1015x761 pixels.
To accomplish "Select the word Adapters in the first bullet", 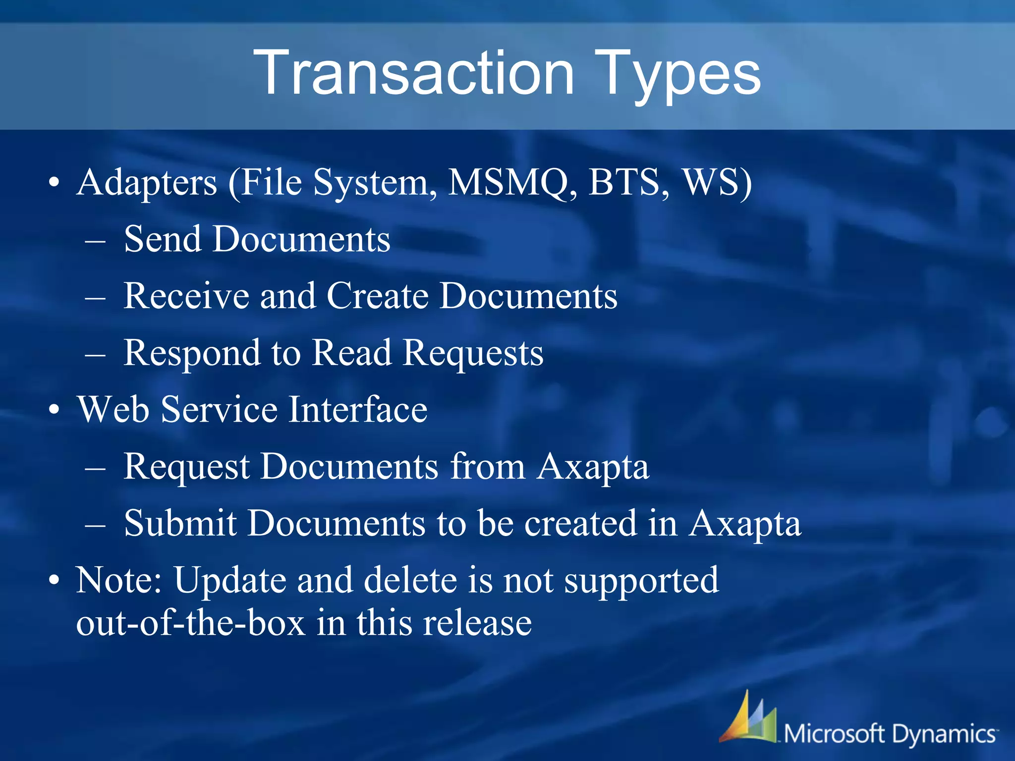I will click(x=147, y=182).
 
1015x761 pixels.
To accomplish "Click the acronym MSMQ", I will click(x=512, y=182).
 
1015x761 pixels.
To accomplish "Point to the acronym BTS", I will click(x=628, y=182).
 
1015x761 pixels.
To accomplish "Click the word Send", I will click(x=163, y=239).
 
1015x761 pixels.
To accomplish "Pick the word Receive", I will click(x=185, y=296).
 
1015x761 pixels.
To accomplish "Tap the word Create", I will click(x=378, y=296).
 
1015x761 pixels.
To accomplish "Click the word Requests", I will click(x=473, y=353).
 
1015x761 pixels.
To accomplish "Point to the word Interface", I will click(x=358, y=410).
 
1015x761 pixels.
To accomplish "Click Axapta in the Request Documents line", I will click(x=593, y=467).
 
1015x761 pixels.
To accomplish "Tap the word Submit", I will click(x=180, y=523).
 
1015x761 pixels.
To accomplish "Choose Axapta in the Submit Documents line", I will click(x=745, y=523).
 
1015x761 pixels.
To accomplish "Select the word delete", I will click(x=410, y=580).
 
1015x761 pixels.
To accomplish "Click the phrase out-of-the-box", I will click(x=190, y=623).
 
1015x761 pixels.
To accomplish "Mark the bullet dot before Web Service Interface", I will click(x=55, y=411).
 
